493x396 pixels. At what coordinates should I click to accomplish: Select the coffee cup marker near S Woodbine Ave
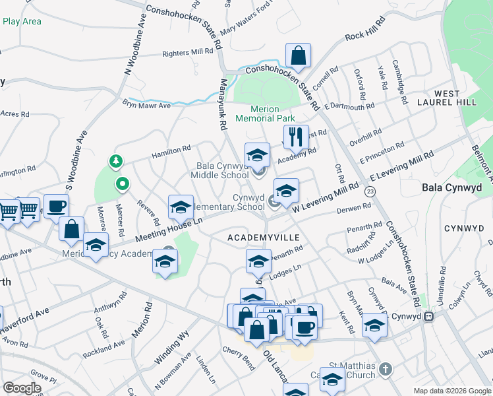(55, 206)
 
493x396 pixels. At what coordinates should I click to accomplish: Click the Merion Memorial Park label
(265, 114)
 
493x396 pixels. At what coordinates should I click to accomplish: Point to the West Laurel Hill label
(447, 98)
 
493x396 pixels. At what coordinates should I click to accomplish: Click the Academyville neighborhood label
(264, 237)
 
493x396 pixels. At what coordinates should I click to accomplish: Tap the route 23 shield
(370, 191)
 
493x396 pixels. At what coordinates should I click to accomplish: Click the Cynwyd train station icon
(429, 316)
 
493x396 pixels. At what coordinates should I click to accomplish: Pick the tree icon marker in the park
(116, 160)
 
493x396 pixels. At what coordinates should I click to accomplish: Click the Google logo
(22, 388)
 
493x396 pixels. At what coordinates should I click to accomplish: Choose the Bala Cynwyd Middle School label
(220, 170)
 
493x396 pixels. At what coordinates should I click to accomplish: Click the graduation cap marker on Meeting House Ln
(180, 208)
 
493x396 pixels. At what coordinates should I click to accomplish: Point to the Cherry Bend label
(239, 358)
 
